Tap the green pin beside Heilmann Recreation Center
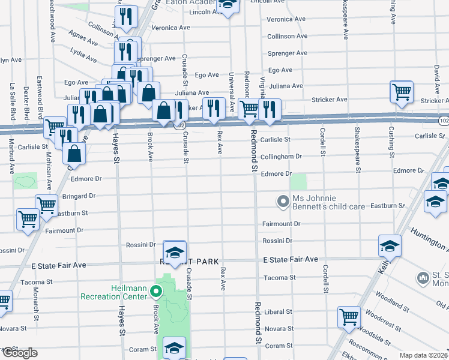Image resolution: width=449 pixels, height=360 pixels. point(156,293)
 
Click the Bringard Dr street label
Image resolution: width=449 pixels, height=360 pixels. point(79,196)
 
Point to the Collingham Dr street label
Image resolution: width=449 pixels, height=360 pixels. point(281,157)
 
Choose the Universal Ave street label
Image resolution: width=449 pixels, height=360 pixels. point(231,90)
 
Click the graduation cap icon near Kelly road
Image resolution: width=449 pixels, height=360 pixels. point(390,245)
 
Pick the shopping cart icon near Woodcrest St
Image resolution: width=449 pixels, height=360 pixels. point(348,317)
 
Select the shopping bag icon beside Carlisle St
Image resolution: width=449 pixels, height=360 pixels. point(73,154)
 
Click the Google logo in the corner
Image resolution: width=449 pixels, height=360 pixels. point(20,353)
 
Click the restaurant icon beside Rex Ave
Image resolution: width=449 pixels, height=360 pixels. point(213,109)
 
